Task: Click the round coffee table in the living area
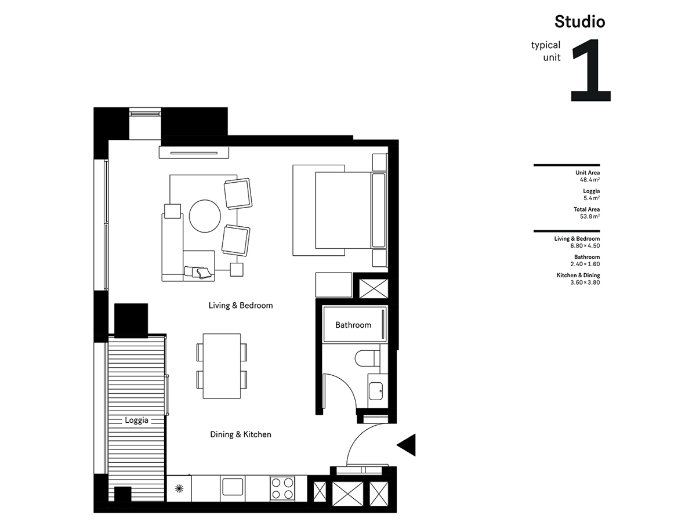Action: click(205, 216)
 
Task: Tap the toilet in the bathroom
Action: click(367, 358)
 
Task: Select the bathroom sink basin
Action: click(376, 391)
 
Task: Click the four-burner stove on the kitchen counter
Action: click(282, 488)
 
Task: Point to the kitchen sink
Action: click(233, 487)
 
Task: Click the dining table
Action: click(222, 366)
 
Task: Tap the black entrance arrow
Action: click(406, 445)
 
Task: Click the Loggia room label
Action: click(136, 420)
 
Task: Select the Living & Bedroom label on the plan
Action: click(241, 305)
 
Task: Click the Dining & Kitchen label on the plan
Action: click(241, 434)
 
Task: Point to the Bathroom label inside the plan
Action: click(353, 325)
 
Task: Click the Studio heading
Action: click(579, 21)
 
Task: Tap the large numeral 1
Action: click(590, 70)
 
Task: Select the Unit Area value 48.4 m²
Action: click(590, 180)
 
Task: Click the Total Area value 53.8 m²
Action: click(590, 216)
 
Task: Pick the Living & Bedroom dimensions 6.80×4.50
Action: click(585, 245)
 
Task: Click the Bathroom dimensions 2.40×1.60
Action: click(585, 264)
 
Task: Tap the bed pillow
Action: click(379, 210)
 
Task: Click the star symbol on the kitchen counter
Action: click(179, 489)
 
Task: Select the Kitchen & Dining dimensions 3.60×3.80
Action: click(585, 282)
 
